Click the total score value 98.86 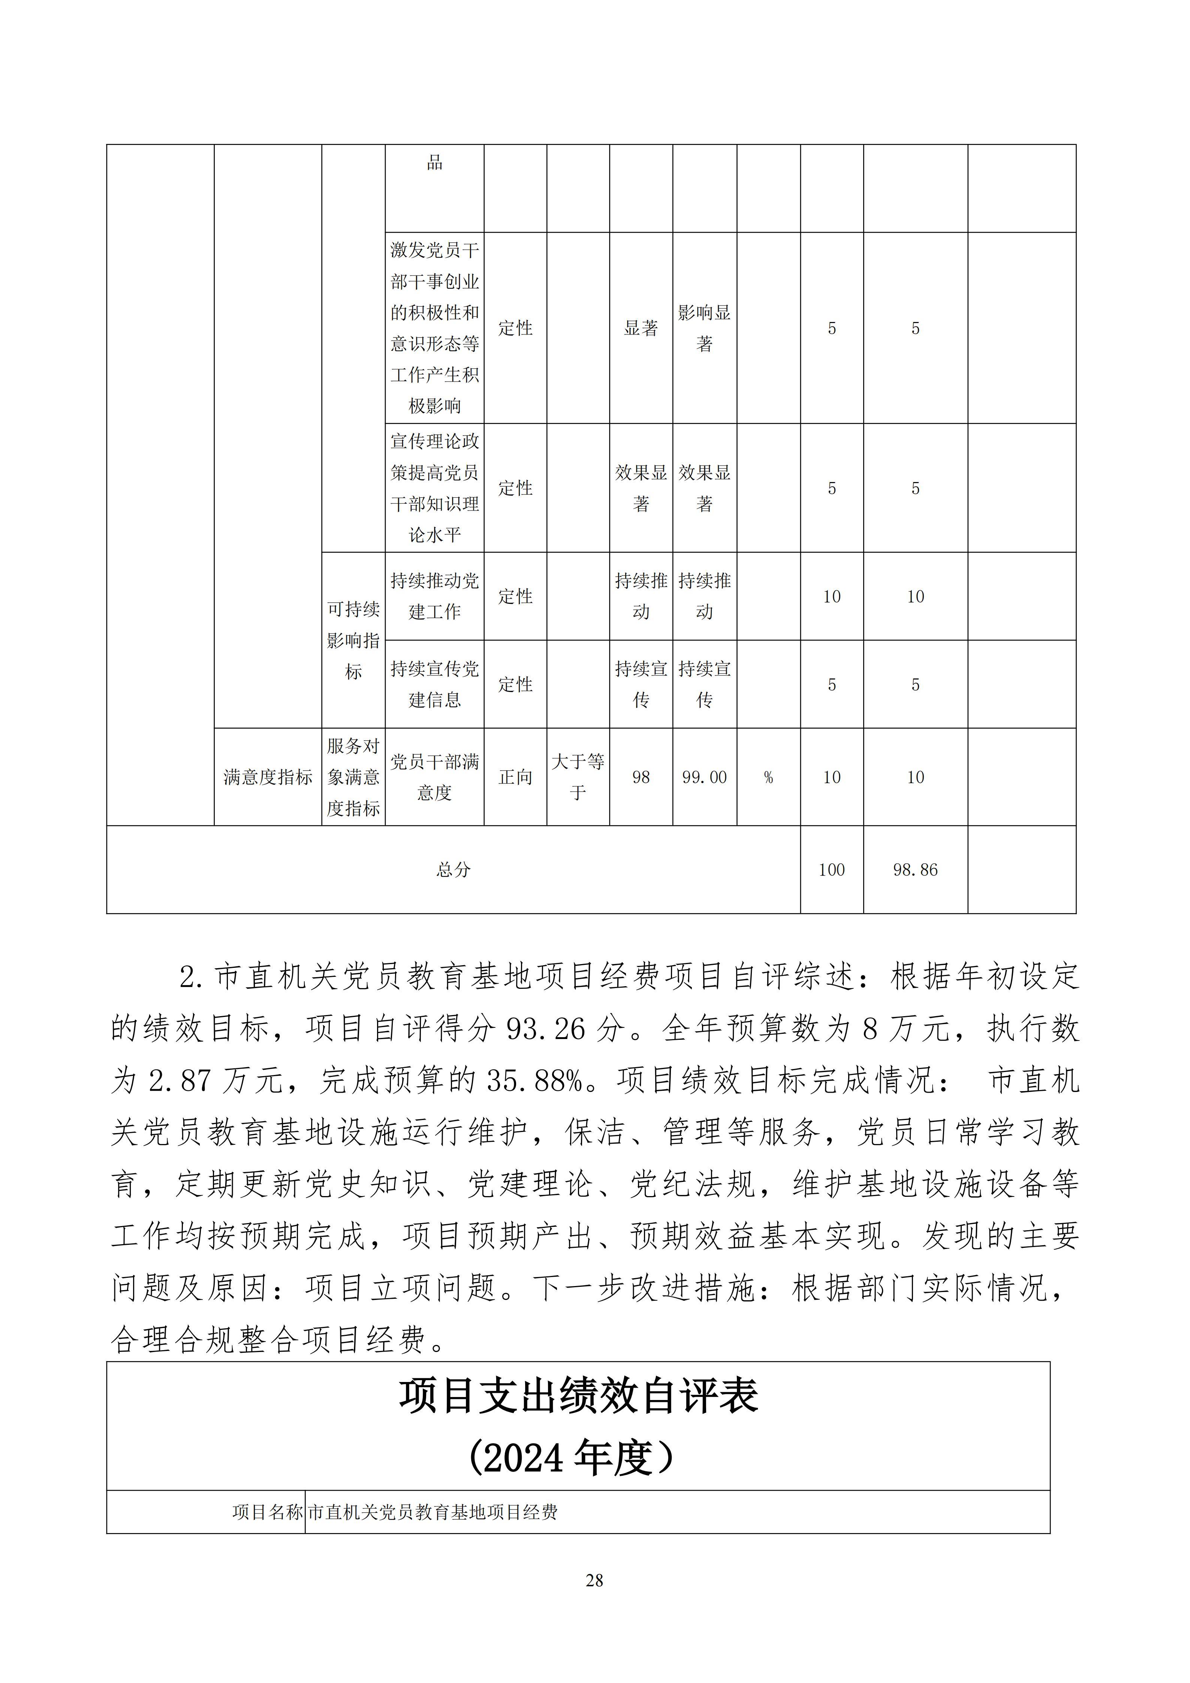pos(915,870)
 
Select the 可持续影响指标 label pos(353,640)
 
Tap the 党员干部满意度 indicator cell pos(434,777)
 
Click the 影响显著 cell pos(704,328)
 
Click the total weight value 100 pos(832,870)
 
